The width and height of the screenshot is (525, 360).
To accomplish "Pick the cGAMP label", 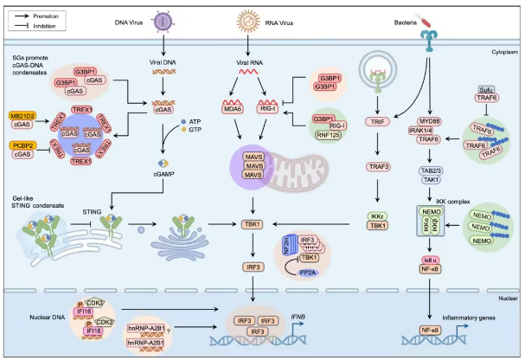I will [x=164, y=173].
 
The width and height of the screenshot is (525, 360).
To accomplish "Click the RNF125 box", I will [x=326, y=136].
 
